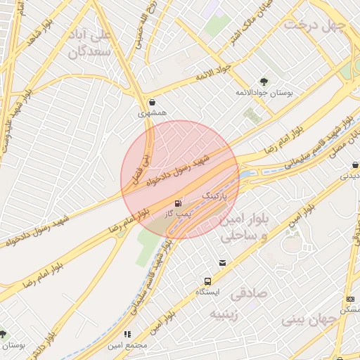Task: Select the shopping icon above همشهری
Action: click(x=153, y=101)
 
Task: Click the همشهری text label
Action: click(x=153, y=112)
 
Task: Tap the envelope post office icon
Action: click(x=223, y=263)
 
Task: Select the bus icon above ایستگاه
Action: click(x=207, y=281)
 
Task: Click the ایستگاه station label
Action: click(x=207, y=291)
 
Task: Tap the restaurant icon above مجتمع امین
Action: click(x=127, y=334)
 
